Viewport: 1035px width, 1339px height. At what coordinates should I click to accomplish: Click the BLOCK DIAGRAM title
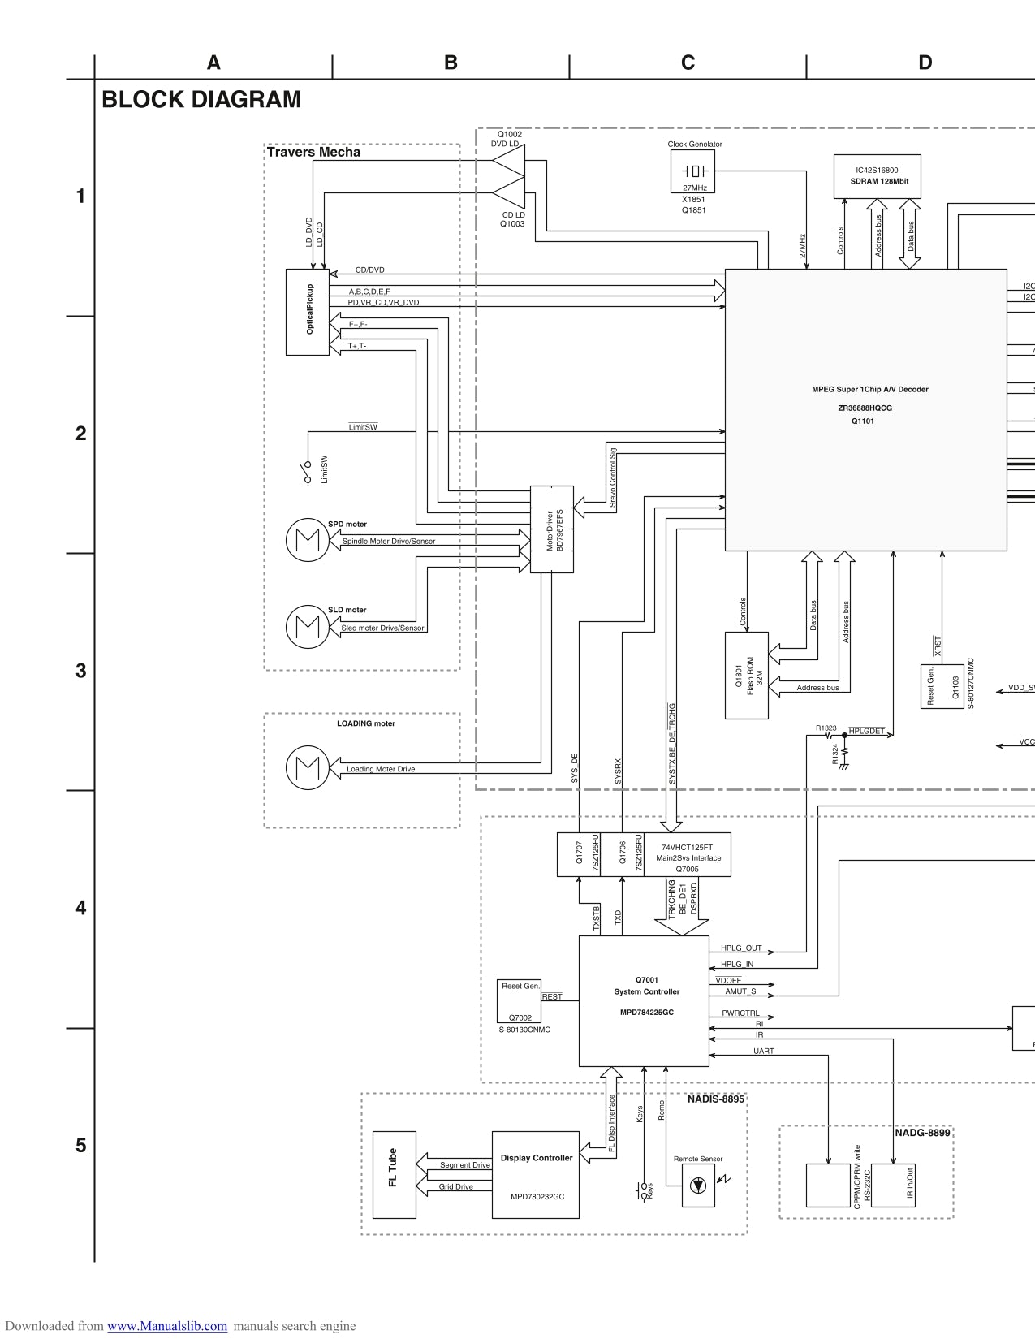pos(201,100)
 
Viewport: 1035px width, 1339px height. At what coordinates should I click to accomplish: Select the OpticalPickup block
pos(308,312)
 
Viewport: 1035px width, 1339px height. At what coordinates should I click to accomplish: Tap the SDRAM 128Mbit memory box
pos(877,176)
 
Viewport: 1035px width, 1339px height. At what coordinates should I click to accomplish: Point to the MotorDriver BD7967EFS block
pos(552,529)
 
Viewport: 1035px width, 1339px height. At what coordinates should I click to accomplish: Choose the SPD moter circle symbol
pos(308,539)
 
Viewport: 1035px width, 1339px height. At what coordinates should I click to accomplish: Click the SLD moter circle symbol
pos(308,626)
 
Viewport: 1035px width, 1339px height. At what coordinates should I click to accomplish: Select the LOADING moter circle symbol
pos(308,767)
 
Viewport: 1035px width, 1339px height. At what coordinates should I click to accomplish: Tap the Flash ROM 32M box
pos(747,675)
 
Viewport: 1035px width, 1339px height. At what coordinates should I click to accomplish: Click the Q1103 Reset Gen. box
pos(941,686)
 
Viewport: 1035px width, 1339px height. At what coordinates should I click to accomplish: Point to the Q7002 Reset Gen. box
pos(520,1001)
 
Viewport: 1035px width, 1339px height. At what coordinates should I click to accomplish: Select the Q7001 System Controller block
pos(644,1000)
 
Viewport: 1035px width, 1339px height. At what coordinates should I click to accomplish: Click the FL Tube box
pos(394,1174)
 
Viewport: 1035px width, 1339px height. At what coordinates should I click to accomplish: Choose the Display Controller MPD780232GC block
pos(536,1174)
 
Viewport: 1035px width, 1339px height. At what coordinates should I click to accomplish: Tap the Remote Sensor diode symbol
pos(698,1186)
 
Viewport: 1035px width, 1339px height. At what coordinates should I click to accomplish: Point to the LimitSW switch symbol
pos(308,473)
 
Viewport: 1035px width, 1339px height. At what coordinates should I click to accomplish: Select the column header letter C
pos(688,63)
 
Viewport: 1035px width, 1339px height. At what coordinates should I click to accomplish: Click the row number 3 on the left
pos(80,671)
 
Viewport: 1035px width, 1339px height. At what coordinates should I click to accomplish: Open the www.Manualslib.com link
pos(167,1326)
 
